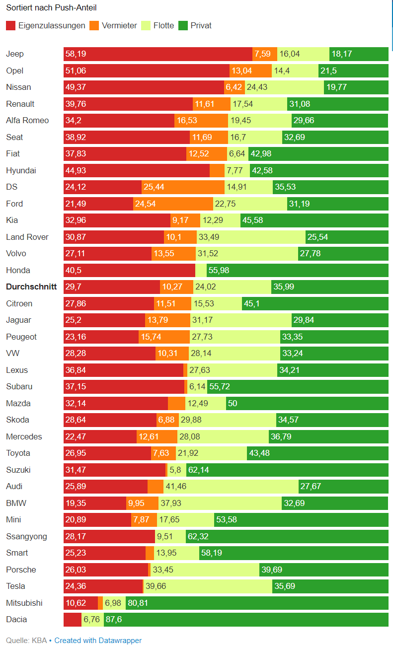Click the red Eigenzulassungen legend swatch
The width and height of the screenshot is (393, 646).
tap(10, 25)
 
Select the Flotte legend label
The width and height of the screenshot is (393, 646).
tap(163, 25)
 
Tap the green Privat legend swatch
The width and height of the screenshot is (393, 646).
tap(183, 25)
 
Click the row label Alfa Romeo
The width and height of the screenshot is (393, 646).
tap(27, 120)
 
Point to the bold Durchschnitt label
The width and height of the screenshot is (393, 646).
tap(31, 287)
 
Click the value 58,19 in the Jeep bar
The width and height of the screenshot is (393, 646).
tap(76, 54)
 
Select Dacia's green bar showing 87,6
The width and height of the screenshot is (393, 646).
tap(246, 619)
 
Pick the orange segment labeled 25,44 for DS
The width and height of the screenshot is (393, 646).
tap(183, 187)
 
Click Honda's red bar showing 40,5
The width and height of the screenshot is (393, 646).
tap(129, 270)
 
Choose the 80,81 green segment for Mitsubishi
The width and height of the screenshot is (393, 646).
tap(257, 603)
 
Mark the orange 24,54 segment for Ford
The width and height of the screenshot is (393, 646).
tap(173, 204)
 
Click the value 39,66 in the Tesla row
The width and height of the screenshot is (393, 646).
tap(156, 586)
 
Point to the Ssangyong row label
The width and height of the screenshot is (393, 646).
tap(26, 536)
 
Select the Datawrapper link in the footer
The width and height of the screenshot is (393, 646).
tap(98, 641)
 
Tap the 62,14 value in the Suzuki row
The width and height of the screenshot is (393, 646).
tap(198, 470)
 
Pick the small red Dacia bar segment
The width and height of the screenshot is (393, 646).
tap(72, 619)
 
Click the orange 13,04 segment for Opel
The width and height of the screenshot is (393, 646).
tap(250, 71)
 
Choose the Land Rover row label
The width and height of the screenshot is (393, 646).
tap(27, 237)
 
